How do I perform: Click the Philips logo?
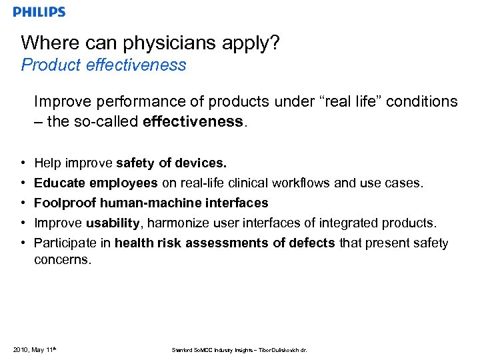(x=39, y=12)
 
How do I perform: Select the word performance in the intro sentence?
(x=127, y=102)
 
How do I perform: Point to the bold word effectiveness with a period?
(x=207, y=121)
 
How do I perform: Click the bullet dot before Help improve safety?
(x=23, y=163)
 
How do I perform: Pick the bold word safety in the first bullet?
(x=136, y=163)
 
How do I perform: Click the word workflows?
(x=305, y=183)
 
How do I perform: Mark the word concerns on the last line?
(x=62, y=260)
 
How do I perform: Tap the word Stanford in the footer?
(x=181, y=349)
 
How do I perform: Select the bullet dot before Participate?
(x=23, y=243)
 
